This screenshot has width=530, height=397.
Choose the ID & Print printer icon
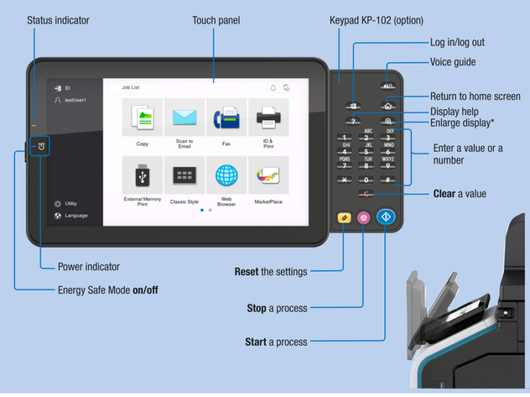point(268,118)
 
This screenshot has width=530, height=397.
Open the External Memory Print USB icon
point(142,175)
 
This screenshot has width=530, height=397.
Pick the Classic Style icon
point(184,175)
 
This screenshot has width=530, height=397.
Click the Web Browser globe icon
point(226,175)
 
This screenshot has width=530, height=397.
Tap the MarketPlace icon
point(268,175)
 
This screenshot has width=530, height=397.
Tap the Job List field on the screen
point(131,88)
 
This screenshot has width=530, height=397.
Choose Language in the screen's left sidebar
point(76,215)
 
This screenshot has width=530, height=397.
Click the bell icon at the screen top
point(273,88)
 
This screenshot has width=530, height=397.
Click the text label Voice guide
point(453,62)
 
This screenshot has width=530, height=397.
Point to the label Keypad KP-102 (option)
point(376,21)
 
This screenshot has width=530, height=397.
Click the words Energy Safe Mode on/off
point(108,290)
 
